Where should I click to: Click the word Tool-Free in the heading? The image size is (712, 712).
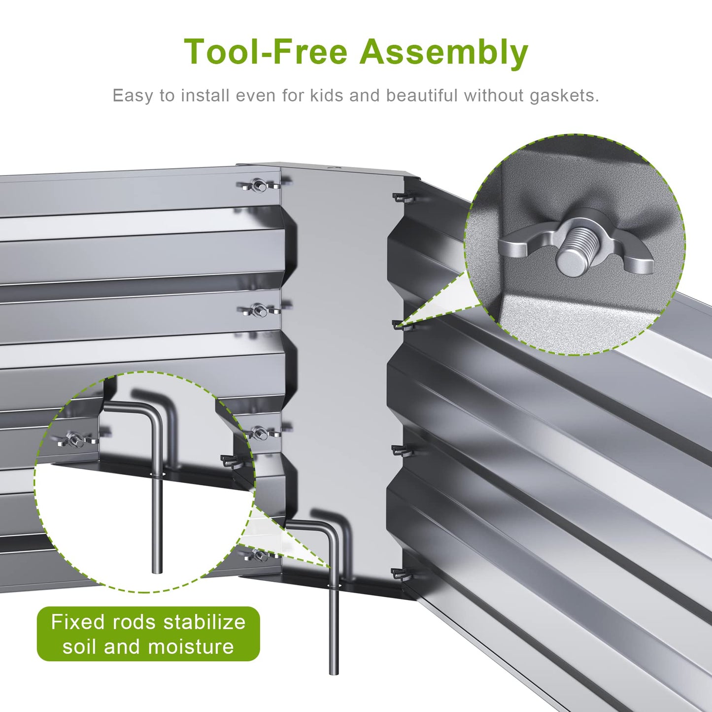coord(266,52)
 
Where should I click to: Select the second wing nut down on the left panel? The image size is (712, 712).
coord(260,309)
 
